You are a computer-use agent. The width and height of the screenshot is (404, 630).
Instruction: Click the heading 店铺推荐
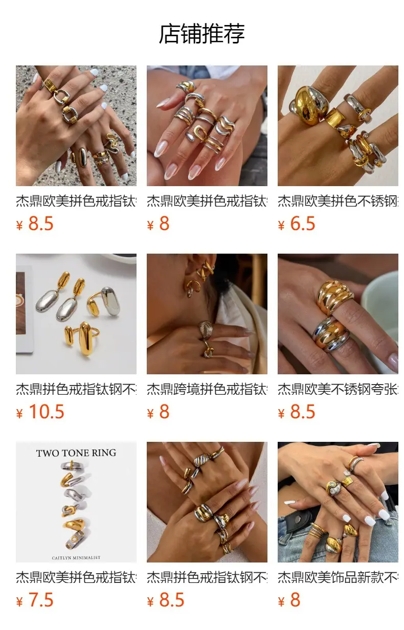(201, 34)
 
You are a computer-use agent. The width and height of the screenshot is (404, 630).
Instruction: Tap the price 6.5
(302, 223)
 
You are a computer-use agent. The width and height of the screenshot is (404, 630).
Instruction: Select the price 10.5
(47, 412)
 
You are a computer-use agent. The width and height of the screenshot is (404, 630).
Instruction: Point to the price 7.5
(41, 600)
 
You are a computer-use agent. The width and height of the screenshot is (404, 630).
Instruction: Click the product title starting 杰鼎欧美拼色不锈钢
(338, 201)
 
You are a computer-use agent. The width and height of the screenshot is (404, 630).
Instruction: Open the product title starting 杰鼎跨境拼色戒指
(207, 390)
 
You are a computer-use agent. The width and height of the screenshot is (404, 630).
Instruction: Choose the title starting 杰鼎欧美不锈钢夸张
(338, 390)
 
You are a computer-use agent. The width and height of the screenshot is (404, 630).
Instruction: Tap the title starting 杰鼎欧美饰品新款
(338, 578)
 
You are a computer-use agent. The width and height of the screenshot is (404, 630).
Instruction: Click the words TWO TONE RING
(76, 453)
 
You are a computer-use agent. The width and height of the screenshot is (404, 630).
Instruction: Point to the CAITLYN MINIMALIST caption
(76, 558)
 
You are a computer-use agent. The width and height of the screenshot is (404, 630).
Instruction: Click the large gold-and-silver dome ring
(309, 105)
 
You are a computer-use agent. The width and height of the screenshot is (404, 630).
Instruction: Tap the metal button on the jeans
(298, 521)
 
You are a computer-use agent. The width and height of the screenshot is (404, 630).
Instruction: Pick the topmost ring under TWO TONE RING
(73, 465)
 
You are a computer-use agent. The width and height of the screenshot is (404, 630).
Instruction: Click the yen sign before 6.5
(281, 226)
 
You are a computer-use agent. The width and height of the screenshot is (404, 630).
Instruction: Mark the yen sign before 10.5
(19, 413)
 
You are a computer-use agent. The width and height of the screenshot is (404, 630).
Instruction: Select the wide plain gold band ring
(335, 118)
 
